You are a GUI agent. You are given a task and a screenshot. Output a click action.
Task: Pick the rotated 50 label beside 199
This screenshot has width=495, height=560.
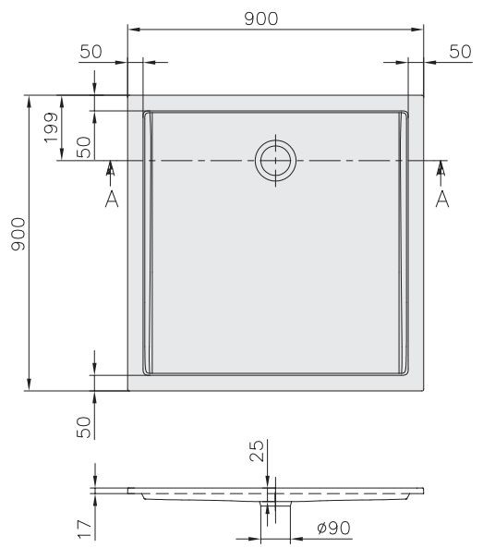84,146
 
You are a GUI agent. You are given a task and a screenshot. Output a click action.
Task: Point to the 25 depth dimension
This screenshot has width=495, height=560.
258,451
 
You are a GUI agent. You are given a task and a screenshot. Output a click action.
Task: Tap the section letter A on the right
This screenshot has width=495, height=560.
441,199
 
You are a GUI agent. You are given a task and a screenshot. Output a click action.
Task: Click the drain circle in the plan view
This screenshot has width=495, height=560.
275,161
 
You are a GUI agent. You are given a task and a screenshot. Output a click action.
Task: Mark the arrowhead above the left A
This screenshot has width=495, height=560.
111,167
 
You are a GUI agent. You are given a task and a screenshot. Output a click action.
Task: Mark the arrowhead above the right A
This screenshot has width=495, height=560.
441,167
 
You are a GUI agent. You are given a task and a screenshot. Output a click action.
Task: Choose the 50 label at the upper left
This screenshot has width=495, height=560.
90,51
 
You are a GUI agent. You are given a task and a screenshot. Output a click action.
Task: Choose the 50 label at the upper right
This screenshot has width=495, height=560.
459,51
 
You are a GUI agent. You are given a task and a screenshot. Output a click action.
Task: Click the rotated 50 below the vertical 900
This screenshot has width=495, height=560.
84,426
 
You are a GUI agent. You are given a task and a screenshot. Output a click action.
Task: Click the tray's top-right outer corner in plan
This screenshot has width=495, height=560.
424,94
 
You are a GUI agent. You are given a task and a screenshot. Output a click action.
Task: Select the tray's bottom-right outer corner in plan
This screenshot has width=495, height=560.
424,389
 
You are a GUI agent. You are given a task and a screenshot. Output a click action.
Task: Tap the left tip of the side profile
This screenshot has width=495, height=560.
128,489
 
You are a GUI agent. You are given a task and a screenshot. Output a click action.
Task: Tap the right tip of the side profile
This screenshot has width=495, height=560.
424,489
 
